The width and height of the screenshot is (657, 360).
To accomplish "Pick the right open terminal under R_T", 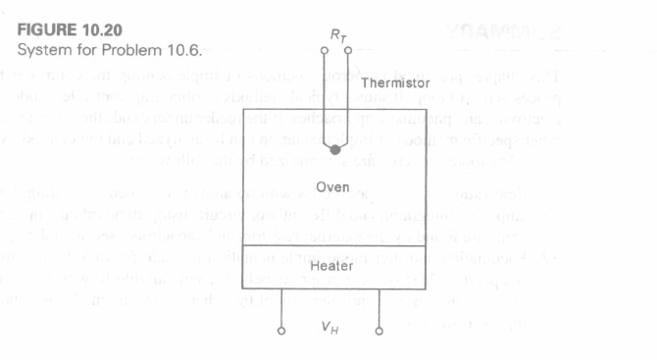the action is pos(350,49).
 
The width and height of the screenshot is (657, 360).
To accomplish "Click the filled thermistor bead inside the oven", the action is pos(335,150).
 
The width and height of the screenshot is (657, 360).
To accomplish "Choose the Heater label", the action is pos(334,266).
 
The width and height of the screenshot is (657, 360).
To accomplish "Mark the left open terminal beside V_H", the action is pos(282,331).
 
